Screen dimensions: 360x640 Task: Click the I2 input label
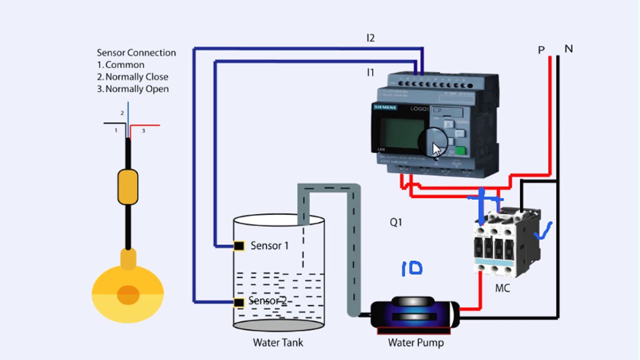[x=370, y=38]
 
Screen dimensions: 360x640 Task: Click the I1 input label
[x=370, y=73]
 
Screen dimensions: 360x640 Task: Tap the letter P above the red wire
[x=541, y=50]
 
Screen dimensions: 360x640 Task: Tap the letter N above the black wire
[x=568, y=49]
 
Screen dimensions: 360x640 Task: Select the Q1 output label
[x=396, y=222]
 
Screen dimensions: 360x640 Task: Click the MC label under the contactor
[x=502, y=288]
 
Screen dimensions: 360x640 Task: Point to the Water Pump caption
[x=416, y=343]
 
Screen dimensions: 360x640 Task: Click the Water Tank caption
[x=278, y=343]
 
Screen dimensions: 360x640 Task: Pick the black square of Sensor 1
[x=239, y=246]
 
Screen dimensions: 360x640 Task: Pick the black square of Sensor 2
[x=239, y=302]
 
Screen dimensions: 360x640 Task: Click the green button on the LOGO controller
[x=460, y=150]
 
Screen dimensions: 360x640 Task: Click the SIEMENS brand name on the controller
[x=385, y=107]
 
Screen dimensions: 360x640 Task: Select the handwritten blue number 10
[x=412, y=268]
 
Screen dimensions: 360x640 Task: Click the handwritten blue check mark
[x=543, y=231]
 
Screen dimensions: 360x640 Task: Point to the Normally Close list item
[x=132, y=77]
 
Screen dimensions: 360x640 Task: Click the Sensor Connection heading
[x=136, y=53]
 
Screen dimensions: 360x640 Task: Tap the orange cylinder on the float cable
[x=127, y=187]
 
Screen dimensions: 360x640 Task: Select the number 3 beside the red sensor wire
[x=143, y=131]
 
